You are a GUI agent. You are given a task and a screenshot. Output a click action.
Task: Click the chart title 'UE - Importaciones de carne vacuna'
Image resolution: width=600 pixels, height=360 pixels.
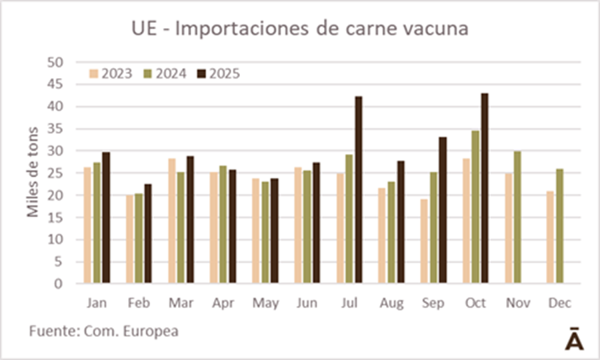tap(300, 29)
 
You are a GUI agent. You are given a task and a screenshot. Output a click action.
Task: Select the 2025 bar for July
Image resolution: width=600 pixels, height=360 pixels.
tap(358, 190)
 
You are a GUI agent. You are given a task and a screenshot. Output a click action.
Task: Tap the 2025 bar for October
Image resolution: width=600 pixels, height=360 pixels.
tap(485, 189)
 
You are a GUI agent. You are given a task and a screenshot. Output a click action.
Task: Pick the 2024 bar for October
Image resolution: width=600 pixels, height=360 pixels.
tap(475, 207)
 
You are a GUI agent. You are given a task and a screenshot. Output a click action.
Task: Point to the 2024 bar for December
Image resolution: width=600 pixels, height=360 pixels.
tap(560, 226)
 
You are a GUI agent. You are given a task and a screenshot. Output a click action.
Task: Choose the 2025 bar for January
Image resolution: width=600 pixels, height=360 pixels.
tap(106, 218)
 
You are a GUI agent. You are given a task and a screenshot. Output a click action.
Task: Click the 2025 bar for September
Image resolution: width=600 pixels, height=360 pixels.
tap(443, 211)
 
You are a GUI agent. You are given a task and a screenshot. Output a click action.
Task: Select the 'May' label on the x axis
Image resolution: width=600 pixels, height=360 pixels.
tap(265, 303)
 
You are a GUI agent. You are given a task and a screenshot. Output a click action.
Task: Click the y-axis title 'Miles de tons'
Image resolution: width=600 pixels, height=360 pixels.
tap(33, 172)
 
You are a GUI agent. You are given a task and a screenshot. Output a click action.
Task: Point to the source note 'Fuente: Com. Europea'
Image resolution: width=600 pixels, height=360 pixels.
tap(104, 331)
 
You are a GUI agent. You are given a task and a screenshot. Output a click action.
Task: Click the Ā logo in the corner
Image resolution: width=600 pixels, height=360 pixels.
tap(575, 339)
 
